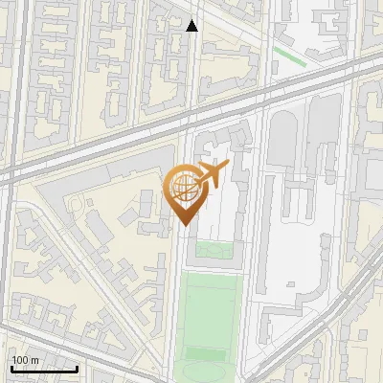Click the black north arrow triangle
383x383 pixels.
(192, 26)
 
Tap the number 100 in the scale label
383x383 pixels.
(20, 360)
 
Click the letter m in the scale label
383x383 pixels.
(34, 360)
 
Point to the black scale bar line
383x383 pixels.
(44, 369)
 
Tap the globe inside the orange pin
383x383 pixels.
(185, 189)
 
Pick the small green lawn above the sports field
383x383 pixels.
(214, 250)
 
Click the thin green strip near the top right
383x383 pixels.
(290, 56)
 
